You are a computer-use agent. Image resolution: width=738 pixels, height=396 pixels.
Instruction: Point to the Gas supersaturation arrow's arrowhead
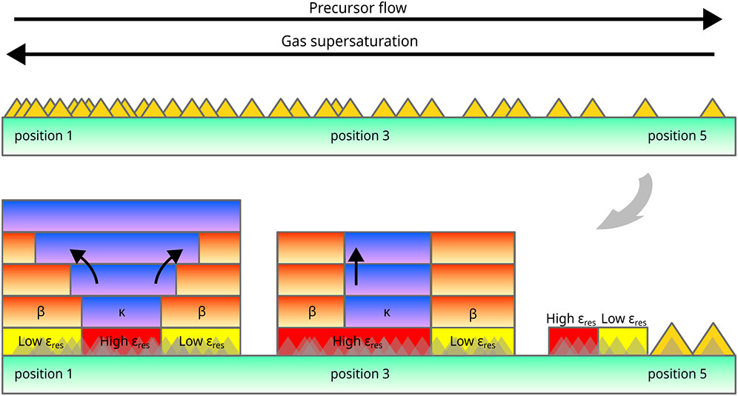point(16,54)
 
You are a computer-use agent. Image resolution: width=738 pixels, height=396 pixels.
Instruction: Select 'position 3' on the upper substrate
point(359,136)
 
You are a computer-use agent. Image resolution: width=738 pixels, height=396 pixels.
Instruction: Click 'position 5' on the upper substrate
point(677,136)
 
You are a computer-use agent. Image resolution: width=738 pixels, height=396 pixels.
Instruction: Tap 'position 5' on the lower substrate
point(677,375)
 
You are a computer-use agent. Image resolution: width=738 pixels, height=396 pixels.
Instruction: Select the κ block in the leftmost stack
point(122,312)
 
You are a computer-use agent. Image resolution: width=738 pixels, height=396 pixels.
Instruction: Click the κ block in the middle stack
point(388,312)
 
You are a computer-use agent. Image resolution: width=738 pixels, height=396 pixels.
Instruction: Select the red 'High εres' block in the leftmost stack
point(122,341)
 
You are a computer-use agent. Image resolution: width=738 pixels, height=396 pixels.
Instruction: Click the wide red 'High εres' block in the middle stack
point(353,341)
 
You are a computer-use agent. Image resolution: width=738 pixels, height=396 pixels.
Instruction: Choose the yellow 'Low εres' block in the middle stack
point(473,341)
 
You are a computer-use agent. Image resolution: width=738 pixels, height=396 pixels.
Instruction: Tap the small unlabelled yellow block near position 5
point(623,341)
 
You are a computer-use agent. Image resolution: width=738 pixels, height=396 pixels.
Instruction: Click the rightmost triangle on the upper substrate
point(712,107)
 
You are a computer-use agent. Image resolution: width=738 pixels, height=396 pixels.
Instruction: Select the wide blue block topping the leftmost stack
point(122,216)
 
